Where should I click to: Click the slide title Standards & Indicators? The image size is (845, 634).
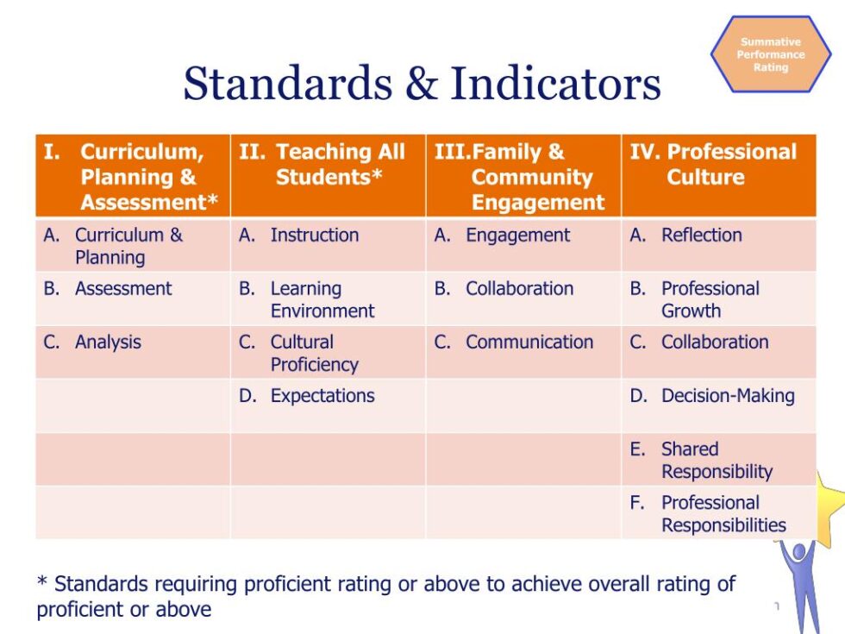(422, 84)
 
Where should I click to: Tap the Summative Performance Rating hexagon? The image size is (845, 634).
(770, 54)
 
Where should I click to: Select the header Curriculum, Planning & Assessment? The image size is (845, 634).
(133, 176)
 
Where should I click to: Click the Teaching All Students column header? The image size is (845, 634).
(329, 165)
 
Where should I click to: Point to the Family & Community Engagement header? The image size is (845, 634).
(523, 176)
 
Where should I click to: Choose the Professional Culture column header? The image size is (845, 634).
(718, 165)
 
